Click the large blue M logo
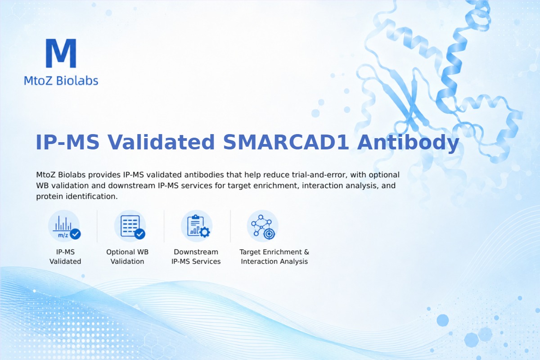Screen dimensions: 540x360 point(61,53)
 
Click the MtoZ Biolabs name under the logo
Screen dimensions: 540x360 point(61,81)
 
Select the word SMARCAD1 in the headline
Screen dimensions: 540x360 point(286,142)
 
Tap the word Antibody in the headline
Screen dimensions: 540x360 point(408,143)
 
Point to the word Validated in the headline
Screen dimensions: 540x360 point(161,142)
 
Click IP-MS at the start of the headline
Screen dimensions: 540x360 point(67,142)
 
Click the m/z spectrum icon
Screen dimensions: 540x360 point(64,226)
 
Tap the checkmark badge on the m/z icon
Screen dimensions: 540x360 point(75,234)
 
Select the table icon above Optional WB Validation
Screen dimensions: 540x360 point(130,226)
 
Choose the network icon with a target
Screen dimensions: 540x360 point(262,226)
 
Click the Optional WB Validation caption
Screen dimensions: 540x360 point(127,256)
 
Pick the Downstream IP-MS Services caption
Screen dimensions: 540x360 point(196,256)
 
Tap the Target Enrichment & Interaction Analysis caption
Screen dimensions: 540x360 point(274,256)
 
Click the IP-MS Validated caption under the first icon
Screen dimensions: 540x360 point(65,256)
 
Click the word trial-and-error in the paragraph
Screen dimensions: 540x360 point(319,175)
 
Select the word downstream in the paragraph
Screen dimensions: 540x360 point(131,186)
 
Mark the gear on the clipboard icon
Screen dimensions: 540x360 point(205,232)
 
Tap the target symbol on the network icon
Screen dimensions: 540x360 point(269,234)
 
